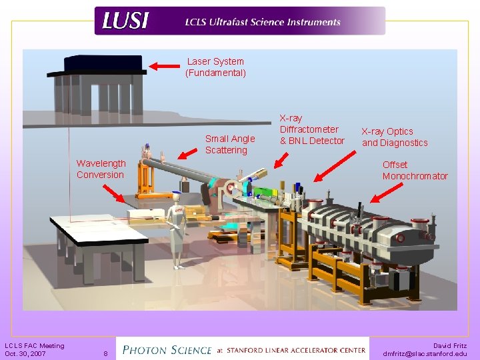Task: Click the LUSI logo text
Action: tap(125, 21)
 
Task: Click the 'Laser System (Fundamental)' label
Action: tap(215, 67)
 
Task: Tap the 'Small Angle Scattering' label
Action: tap(229, 144)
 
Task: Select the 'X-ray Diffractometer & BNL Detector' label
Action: tap(311, 129)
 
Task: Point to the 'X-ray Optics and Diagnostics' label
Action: tap(395, 137)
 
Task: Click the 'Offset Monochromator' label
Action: tap(415, 170)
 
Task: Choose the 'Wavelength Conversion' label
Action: tap(101, 169)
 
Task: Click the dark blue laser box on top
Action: tap(104, 64)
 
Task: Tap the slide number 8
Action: tap(105, 353)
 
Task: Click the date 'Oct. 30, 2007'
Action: tap(25, 353)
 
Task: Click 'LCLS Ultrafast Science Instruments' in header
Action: tap(263, 22)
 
